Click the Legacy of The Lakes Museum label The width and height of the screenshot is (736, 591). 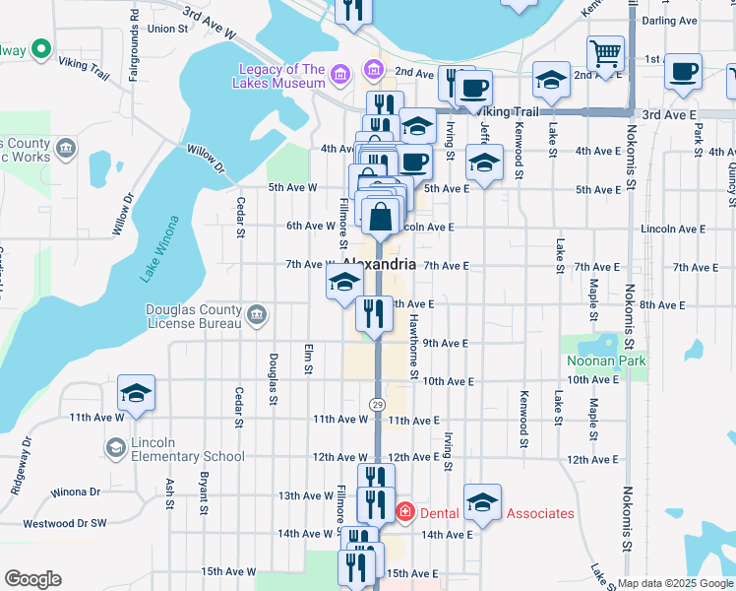[281, 76]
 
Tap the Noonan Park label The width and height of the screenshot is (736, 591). [606, 361]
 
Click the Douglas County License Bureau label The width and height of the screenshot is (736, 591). [194, 316]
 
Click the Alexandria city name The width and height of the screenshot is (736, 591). [380, 264]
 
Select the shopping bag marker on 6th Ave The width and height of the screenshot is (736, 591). [381, 214]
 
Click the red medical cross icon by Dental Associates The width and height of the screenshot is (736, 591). [404, 512]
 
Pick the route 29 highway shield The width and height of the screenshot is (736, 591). [377, 405]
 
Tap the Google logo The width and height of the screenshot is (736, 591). [32, 579]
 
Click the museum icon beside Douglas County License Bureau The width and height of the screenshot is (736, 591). [257, 315]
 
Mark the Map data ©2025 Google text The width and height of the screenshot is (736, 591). [675, 583]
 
